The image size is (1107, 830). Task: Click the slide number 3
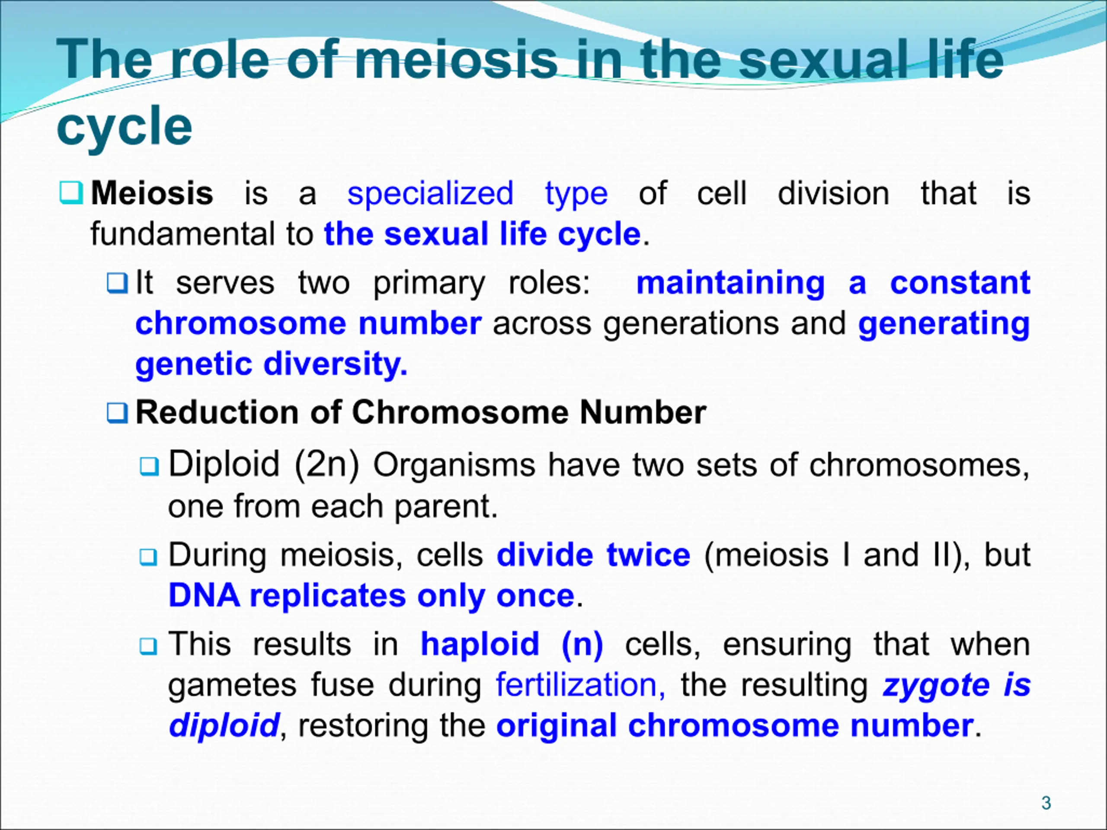click(x=1046, y=803)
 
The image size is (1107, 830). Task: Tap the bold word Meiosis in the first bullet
click(x=152, y=193)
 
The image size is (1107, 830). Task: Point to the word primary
click(x=429, y=284)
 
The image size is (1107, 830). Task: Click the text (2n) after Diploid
click(x=327, y=464)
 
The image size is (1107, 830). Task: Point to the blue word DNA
click(x=204, y=595)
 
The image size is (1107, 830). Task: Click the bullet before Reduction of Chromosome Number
click(x=117, y=413)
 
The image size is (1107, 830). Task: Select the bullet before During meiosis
click(x=148, y=556)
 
